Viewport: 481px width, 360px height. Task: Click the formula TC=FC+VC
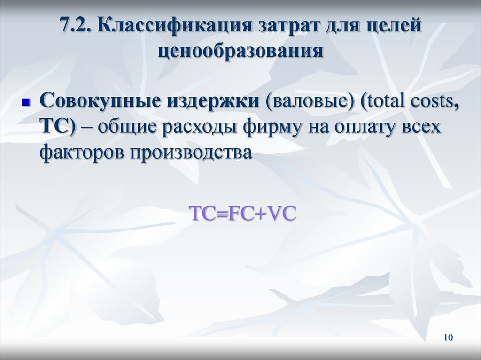tap(242, 214)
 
